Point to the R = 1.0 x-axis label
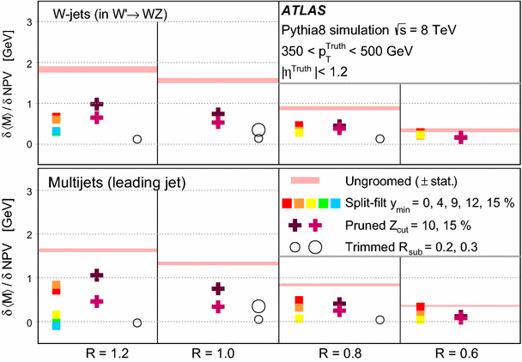point(218,352)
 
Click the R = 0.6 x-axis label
point(461,352)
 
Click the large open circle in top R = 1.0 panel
point(258,130)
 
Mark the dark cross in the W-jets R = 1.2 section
point(97,105)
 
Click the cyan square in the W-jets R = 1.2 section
point(56,131)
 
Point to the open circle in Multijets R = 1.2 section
point(137,323)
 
